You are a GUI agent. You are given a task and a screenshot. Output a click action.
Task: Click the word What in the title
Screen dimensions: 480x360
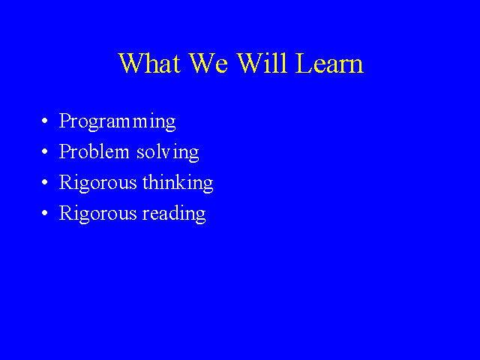point(149,63)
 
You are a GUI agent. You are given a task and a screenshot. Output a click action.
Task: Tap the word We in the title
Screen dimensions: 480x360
point(208,63)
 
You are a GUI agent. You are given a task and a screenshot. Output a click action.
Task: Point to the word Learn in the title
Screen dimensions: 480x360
point(329,63)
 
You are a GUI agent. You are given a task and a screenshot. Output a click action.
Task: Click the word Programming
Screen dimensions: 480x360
point(117,121)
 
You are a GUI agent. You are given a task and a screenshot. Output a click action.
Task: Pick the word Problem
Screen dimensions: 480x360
point(94,151)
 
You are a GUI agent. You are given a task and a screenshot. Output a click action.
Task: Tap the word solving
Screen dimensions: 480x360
point(168,152)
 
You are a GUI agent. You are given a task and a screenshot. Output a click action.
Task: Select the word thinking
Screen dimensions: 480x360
point(178,183)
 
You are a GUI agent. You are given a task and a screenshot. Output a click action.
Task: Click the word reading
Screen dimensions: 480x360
point(174,214)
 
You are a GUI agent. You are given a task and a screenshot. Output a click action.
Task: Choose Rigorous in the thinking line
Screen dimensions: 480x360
point(97,183)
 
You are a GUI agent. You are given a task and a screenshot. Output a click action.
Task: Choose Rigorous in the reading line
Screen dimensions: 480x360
point(97,214)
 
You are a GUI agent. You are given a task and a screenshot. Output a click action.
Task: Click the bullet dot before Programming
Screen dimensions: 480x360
point(45,121)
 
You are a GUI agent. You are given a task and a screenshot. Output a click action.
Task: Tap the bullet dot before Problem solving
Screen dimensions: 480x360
point(45,151)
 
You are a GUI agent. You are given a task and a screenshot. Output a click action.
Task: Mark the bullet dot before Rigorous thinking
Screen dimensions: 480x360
point(45,182)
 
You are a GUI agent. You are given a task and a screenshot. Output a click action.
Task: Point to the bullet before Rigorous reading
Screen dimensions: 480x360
point(45,213)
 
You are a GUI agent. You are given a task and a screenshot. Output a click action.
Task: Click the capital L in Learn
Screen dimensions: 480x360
point(303,63)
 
